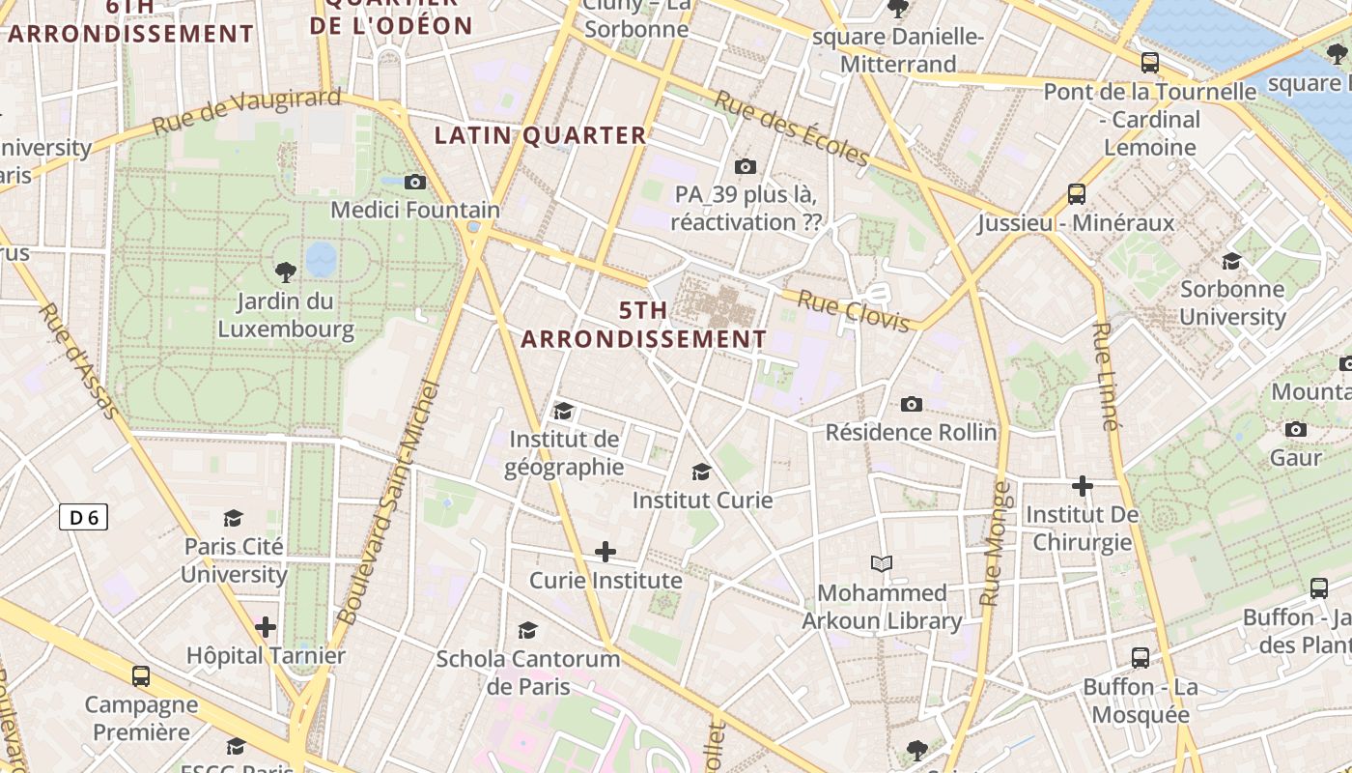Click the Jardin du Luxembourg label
tap(285, 316)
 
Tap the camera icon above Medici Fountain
tap(415, 182)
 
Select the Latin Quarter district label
tap(540, 135)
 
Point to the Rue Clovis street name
tap(854, 311)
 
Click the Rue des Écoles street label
tap(792, 128)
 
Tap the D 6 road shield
tap(83, 517)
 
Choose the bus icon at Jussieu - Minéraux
tap(1077, 193)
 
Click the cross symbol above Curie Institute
tap(606, 552)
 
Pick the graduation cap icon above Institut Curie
tap(702, 472)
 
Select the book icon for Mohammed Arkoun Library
tap(881, 563)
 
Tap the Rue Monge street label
tap(995, 543)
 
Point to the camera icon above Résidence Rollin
tap(911, 404)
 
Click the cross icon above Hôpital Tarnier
tap(266, 627)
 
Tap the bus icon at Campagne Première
tap(141, 675)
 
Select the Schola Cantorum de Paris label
tap(527, 673)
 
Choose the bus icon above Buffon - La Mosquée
tap(1141, 658)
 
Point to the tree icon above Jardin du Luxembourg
tap(285, 272)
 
